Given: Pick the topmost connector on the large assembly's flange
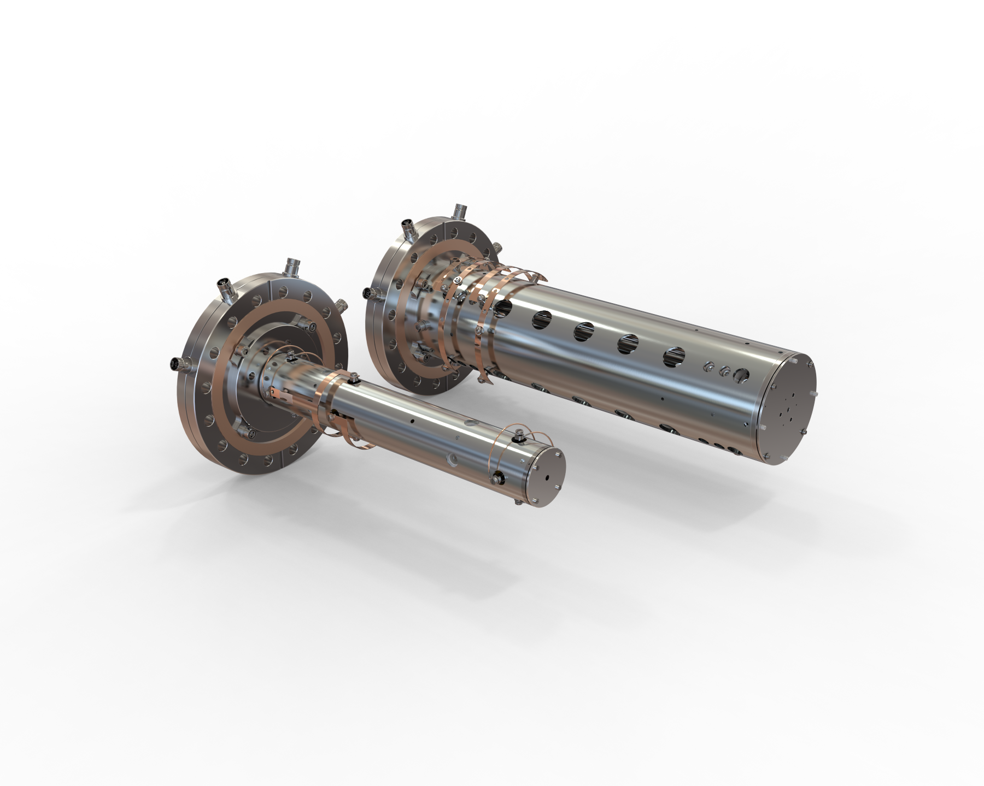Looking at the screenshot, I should pyautogui.click(x=458, y=211).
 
